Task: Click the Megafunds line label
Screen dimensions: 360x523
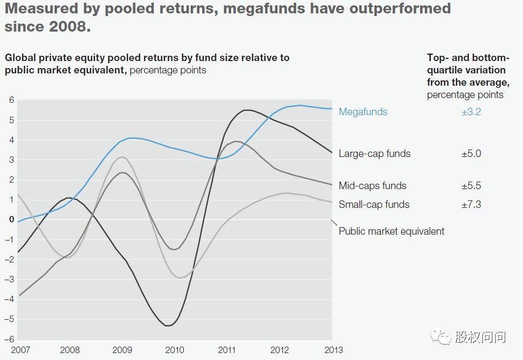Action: (x=363, y=112)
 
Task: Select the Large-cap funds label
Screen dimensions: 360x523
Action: (x=375, y=154)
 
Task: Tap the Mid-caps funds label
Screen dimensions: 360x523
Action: (x=372, y=186)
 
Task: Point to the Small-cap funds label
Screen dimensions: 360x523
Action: (x=374, y=205)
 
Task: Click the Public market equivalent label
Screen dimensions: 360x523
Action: (x=392, y=231)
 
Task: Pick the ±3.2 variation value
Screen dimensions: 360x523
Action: (x=471, y=112)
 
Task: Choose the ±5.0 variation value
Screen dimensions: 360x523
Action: (x=471, y=154)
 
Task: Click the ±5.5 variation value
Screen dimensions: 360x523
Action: (x=471, y=186)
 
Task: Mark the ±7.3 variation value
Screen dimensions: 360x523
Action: (x=471, y=205)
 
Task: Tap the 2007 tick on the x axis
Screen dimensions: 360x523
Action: (x=20, y=350)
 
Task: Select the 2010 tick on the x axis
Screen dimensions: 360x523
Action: (x=175, y=350)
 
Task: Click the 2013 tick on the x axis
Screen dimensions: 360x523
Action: (x=324, y=350)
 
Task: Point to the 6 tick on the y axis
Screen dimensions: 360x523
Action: (x=11, y=100)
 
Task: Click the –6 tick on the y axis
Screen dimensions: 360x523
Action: (x=9, y=340)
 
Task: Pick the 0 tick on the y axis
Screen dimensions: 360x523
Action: (x=11, y=220)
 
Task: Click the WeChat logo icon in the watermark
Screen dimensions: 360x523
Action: (x=443, y=336)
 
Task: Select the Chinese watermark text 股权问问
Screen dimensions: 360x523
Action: (x=480, y=337)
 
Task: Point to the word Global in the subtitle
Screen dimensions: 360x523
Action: (x=21, y=58)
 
